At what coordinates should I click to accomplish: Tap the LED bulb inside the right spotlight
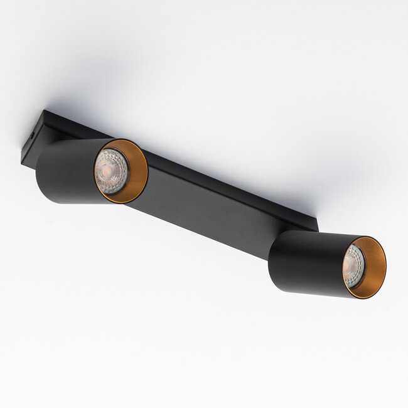click(x=353, y=266)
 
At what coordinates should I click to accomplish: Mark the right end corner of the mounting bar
click(x=316, y=226)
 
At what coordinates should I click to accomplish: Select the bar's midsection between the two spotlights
click(x=207, y=207)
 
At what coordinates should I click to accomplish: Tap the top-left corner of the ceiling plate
click(x=46, y=112)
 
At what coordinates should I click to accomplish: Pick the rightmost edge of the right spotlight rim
click(x=385, y=269)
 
